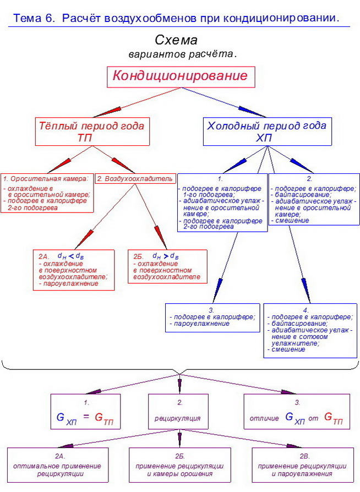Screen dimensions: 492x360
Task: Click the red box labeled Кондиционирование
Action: [x=180, y=76]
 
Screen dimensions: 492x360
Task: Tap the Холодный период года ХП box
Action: [x=266, y=132]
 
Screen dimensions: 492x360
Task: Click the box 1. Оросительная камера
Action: [x=47, y=193]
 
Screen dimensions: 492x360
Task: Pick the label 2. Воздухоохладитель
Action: [x=135, y=178]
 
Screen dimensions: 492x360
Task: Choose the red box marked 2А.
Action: [x=73, y=270]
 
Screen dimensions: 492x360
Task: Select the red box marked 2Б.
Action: [x=167, y=266]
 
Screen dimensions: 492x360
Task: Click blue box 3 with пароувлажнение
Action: [x=213, y=317]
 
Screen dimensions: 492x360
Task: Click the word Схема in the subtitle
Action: [x=176, y=41]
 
